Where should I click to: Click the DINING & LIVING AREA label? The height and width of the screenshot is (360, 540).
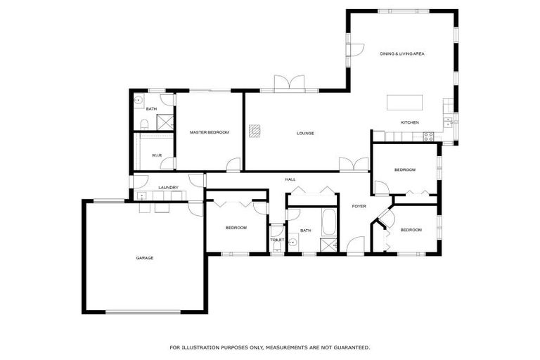point(401,53)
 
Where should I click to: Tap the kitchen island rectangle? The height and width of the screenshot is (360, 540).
point(405,102)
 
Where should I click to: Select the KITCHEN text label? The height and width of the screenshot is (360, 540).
point(409,122)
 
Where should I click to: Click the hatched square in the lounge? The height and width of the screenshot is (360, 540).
point(255,129)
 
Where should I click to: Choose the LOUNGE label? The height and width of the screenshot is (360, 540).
point(304,133)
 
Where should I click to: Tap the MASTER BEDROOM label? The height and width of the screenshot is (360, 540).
point(209,132)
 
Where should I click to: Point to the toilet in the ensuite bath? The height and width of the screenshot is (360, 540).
point(143,125)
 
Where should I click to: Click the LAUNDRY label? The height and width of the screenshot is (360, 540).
point(168,187)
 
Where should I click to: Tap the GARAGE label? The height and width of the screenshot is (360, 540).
point(144,258)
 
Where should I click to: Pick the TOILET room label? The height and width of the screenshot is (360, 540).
point(277,240)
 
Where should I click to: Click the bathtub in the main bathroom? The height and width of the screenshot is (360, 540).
point(329,223)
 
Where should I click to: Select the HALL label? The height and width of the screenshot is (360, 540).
point(290,179)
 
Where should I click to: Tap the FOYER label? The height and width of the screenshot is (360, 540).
point(359,206)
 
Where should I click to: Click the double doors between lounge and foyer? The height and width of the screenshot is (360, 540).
point(353,165)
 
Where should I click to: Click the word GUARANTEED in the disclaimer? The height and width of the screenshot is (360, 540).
point(351,347)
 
